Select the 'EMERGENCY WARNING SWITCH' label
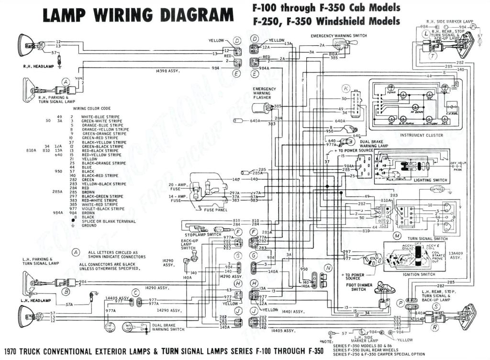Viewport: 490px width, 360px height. pyautogui.click(x=339, y=36)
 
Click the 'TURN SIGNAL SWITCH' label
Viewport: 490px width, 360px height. pyautogui.click(x=427, y=238)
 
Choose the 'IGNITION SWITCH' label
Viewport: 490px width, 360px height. pyautogui.click(x=419, y=274)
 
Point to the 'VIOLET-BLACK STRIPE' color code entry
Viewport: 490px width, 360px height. pyautogui.click(x=103, y=209)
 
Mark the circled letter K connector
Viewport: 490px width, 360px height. pyautogui.click(x=346, y=88)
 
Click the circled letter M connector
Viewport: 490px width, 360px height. pyautogui.click(x=397, y=236)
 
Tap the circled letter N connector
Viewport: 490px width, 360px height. pyautogui.click(x=328, y=268)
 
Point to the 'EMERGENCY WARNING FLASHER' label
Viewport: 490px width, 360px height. pyautogui.click(x=264, y=93)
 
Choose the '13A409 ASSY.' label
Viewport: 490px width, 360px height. pyautogui.click(x=456, y=255)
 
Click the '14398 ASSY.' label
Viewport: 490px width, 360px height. pyautogui.click(x=167, y=71)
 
